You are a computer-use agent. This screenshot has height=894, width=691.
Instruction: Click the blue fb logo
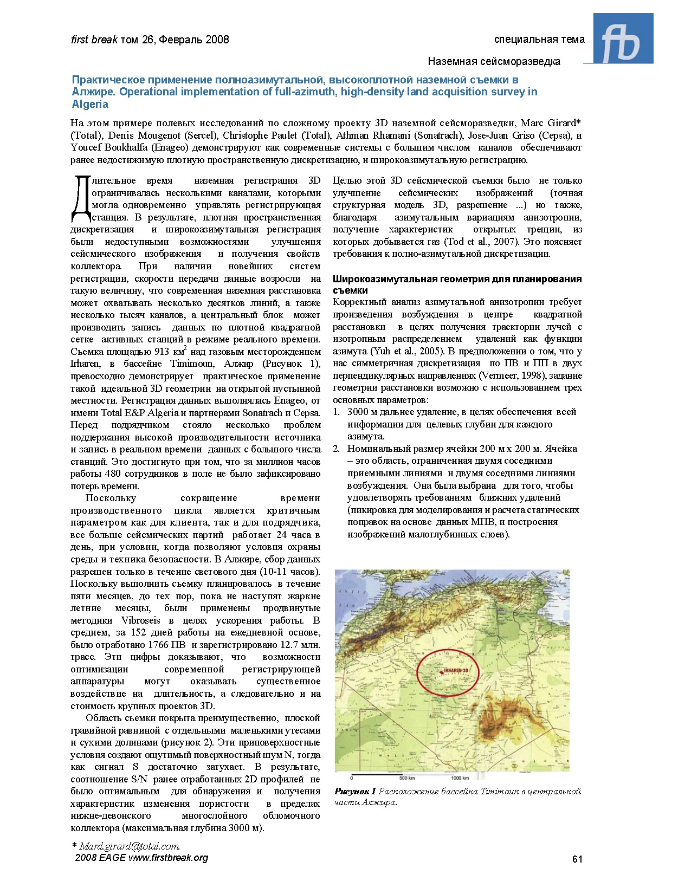[x=623, y=39]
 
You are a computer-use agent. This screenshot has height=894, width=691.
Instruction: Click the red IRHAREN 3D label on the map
[x=456, y=670]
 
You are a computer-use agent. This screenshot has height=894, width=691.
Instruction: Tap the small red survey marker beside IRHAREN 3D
[x=441, y=672]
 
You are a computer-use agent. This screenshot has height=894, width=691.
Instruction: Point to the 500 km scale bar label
[x=407, y=778]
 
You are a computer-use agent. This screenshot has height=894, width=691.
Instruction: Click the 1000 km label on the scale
[x=460, y=778]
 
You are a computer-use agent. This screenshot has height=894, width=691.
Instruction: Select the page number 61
[x=577, y=859]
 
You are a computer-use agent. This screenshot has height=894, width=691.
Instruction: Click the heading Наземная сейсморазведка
[x=494, y=61]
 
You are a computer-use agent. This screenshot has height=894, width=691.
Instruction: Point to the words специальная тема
[x=539, y=39]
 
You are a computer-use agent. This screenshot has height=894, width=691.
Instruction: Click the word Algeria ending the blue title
[x=90, y=104]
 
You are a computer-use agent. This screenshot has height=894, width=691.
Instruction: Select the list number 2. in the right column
[x=337, y=449]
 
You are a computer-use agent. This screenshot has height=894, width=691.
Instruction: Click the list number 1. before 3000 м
[x=337, y=412]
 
